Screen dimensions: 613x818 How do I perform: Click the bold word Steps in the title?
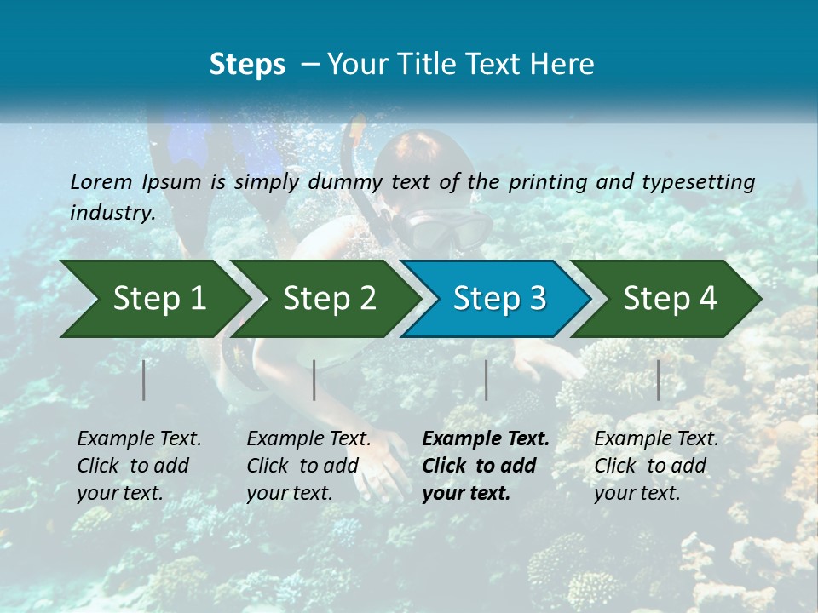[247, 65]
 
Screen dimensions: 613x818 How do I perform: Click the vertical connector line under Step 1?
[144, 380]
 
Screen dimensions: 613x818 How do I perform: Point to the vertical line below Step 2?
[314, 380]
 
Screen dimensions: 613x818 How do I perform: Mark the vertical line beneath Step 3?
[487, 380]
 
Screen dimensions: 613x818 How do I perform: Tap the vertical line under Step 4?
[659, 380]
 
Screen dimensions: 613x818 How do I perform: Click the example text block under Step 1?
[139, 466]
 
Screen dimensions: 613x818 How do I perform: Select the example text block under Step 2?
[308, 466]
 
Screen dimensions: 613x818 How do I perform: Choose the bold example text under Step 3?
[486, 466]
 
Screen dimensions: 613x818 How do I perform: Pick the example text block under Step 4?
[656, 466]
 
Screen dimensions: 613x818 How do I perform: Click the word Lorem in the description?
[101, 181]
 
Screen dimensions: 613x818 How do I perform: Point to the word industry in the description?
[112, 213]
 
